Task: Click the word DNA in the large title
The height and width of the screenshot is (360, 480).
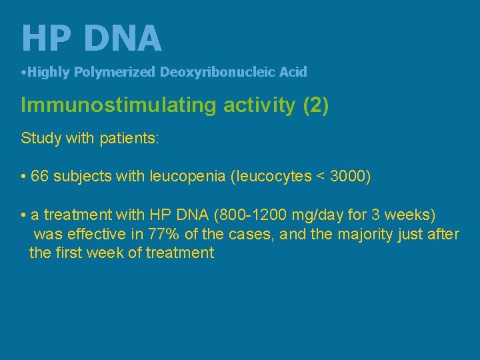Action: [x=123, y=38]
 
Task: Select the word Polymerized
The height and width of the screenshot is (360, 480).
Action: [x=115, y=72]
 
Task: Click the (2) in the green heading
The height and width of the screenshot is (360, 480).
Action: [x=315, y=106]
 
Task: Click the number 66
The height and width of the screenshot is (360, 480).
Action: [x=39, y=176]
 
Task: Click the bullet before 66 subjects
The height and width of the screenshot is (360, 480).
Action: [x=23, y=177]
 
